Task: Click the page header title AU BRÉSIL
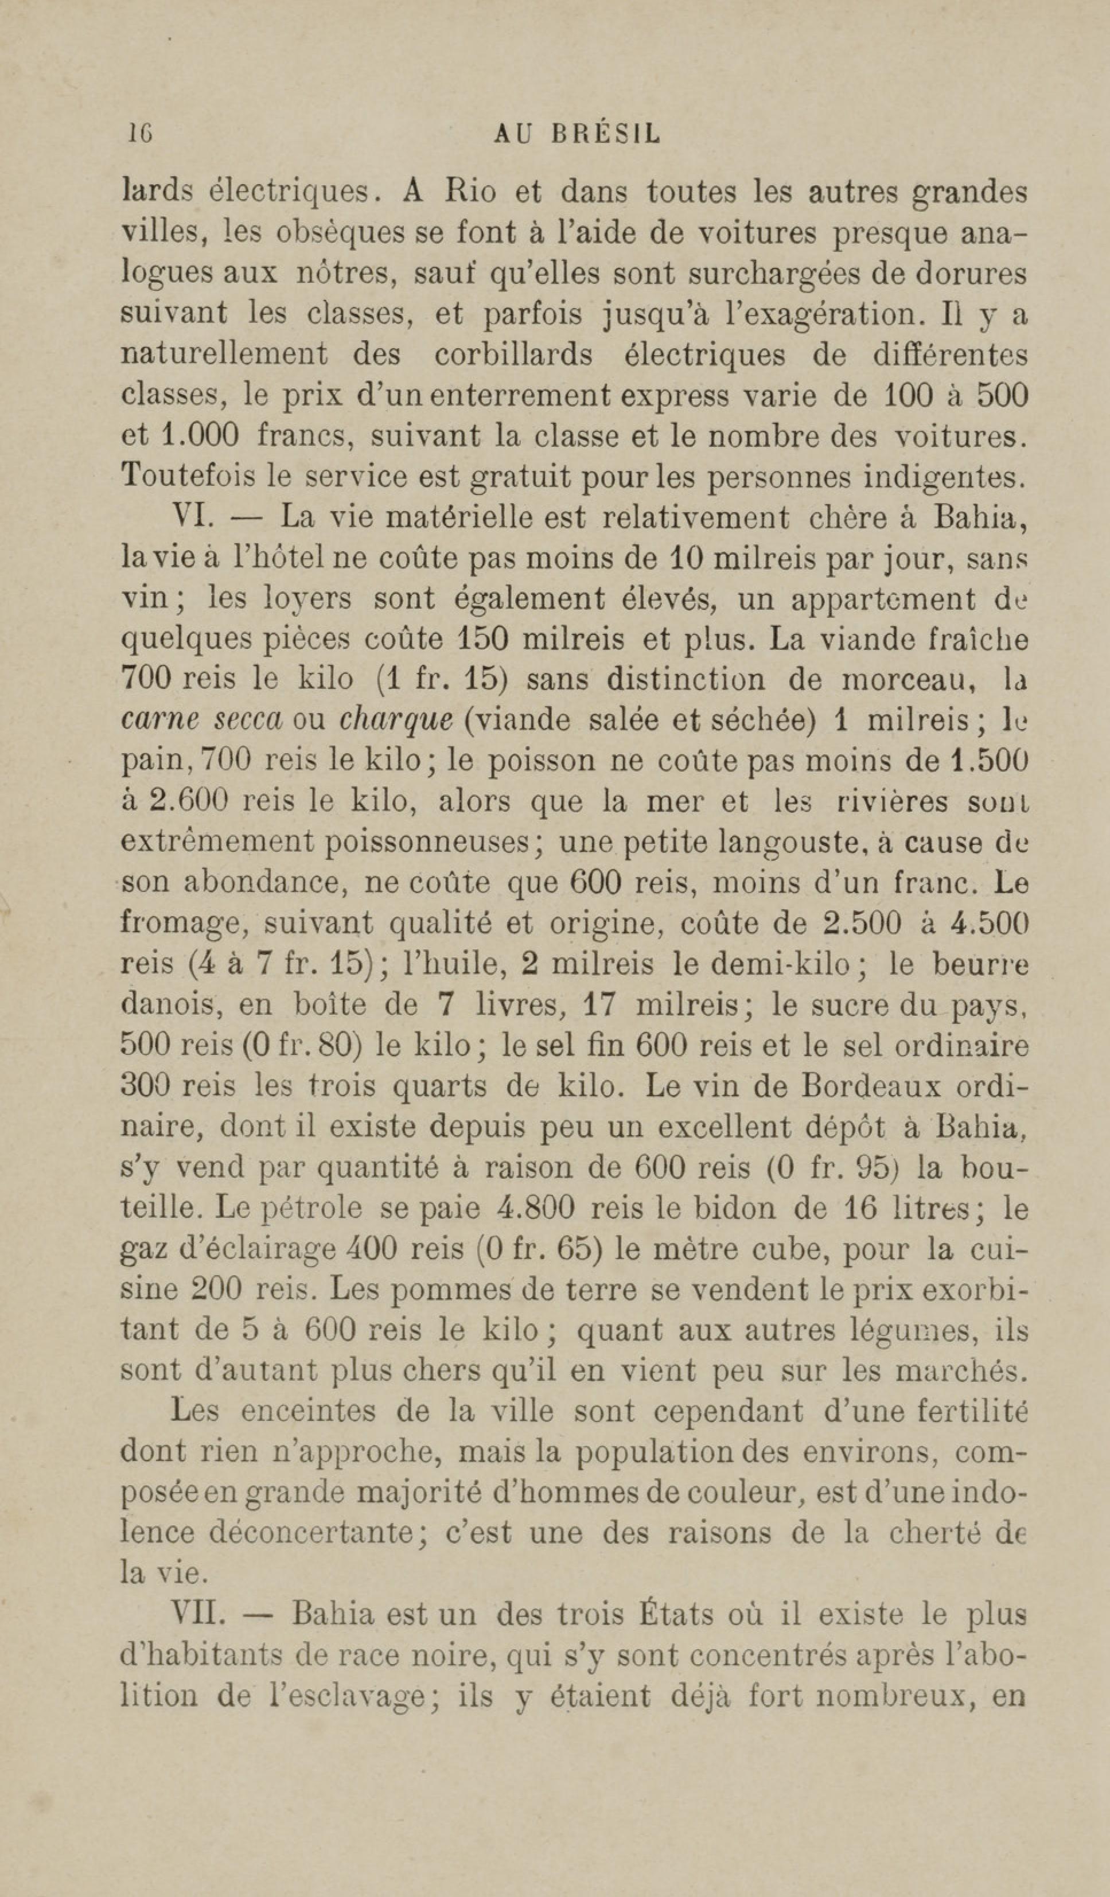point(577,134)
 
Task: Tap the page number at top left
point(140,134)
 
